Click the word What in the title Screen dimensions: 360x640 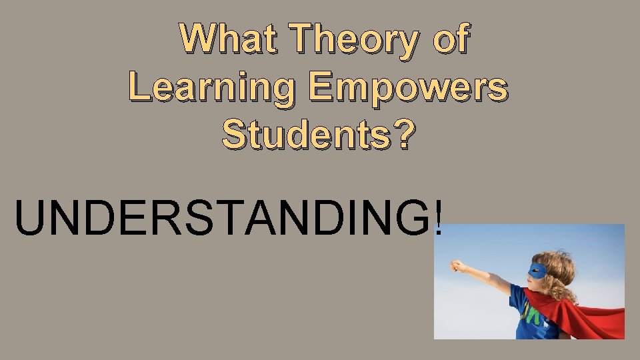click(228, 38)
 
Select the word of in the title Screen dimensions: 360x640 click(451, 38)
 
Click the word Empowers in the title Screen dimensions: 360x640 click(407, 88)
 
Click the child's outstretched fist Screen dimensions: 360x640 click(458, 266)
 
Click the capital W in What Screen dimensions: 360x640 click(201, 38)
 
